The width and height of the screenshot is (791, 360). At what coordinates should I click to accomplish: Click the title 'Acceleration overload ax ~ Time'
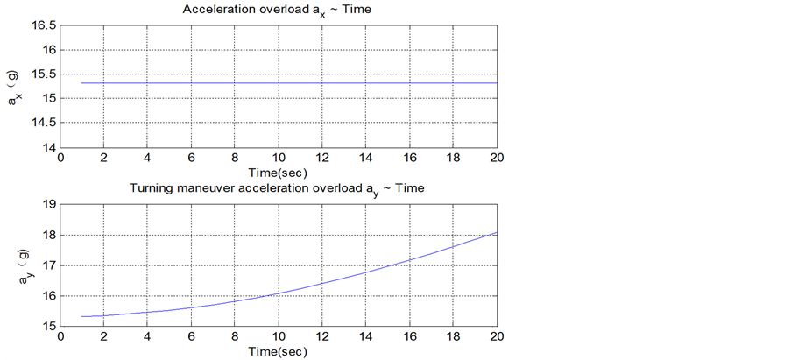coord(278,10)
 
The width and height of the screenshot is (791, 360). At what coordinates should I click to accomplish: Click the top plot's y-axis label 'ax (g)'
coord(17,87)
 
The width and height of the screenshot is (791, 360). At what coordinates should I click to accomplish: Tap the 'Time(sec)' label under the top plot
coord(278,172)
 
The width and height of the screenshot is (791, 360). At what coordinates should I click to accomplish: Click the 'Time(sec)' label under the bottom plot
coord(278,351)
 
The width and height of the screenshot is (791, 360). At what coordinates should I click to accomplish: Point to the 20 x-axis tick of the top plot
coord(496,159)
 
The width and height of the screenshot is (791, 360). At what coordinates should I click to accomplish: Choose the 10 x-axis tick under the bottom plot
coord(279,338)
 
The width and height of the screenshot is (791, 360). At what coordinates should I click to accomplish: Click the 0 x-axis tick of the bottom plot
coord(60,338)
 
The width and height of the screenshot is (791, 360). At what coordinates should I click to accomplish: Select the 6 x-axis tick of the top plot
coord(191,159)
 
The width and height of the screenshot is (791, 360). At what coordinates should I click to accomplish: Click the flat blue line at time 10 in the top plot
coord(279,83)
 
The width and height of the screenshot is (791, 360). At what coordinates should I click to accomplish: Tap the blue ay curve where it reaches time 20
coord(496,233)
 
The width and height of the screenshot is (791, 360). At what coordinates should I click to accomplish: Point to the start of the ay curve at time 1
coord(82,316)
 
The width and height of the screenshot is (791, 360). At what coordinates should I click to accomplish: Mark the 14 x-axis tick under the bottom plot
coord(365,338)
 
